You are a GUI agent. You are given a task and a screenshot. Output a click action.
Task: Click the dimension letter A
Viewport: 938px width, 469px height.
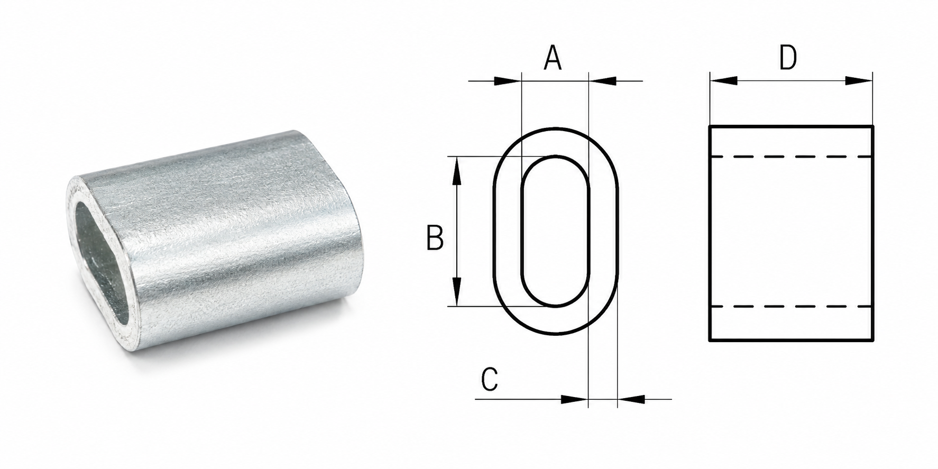point(553,59)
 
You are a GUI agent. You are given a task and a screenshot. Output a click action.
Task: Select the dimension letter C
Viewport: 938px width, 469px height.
point(490,379)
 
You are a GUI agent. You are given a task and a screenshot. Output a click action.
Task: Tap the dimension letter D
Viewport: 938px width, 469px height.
point(788,58)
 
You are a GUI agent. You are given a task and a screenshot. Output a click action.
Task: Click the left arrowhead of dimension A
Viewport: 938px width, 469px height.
point(507,81)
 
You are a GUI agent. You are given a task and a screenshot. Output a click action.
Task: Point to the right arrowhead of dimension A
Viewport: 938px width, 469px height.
point(602,81)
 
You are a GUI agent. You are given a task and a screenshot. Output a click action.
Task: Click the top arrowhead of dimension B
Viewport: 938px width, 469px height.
point(458,171)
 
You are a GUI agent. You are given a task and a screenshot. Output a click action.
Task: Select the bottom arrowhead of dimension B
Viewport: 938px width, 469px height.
point(458,292)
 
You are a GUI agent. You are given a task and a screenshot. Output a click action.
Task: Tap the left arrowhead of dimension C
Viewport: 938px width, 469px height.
point(574,399)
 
